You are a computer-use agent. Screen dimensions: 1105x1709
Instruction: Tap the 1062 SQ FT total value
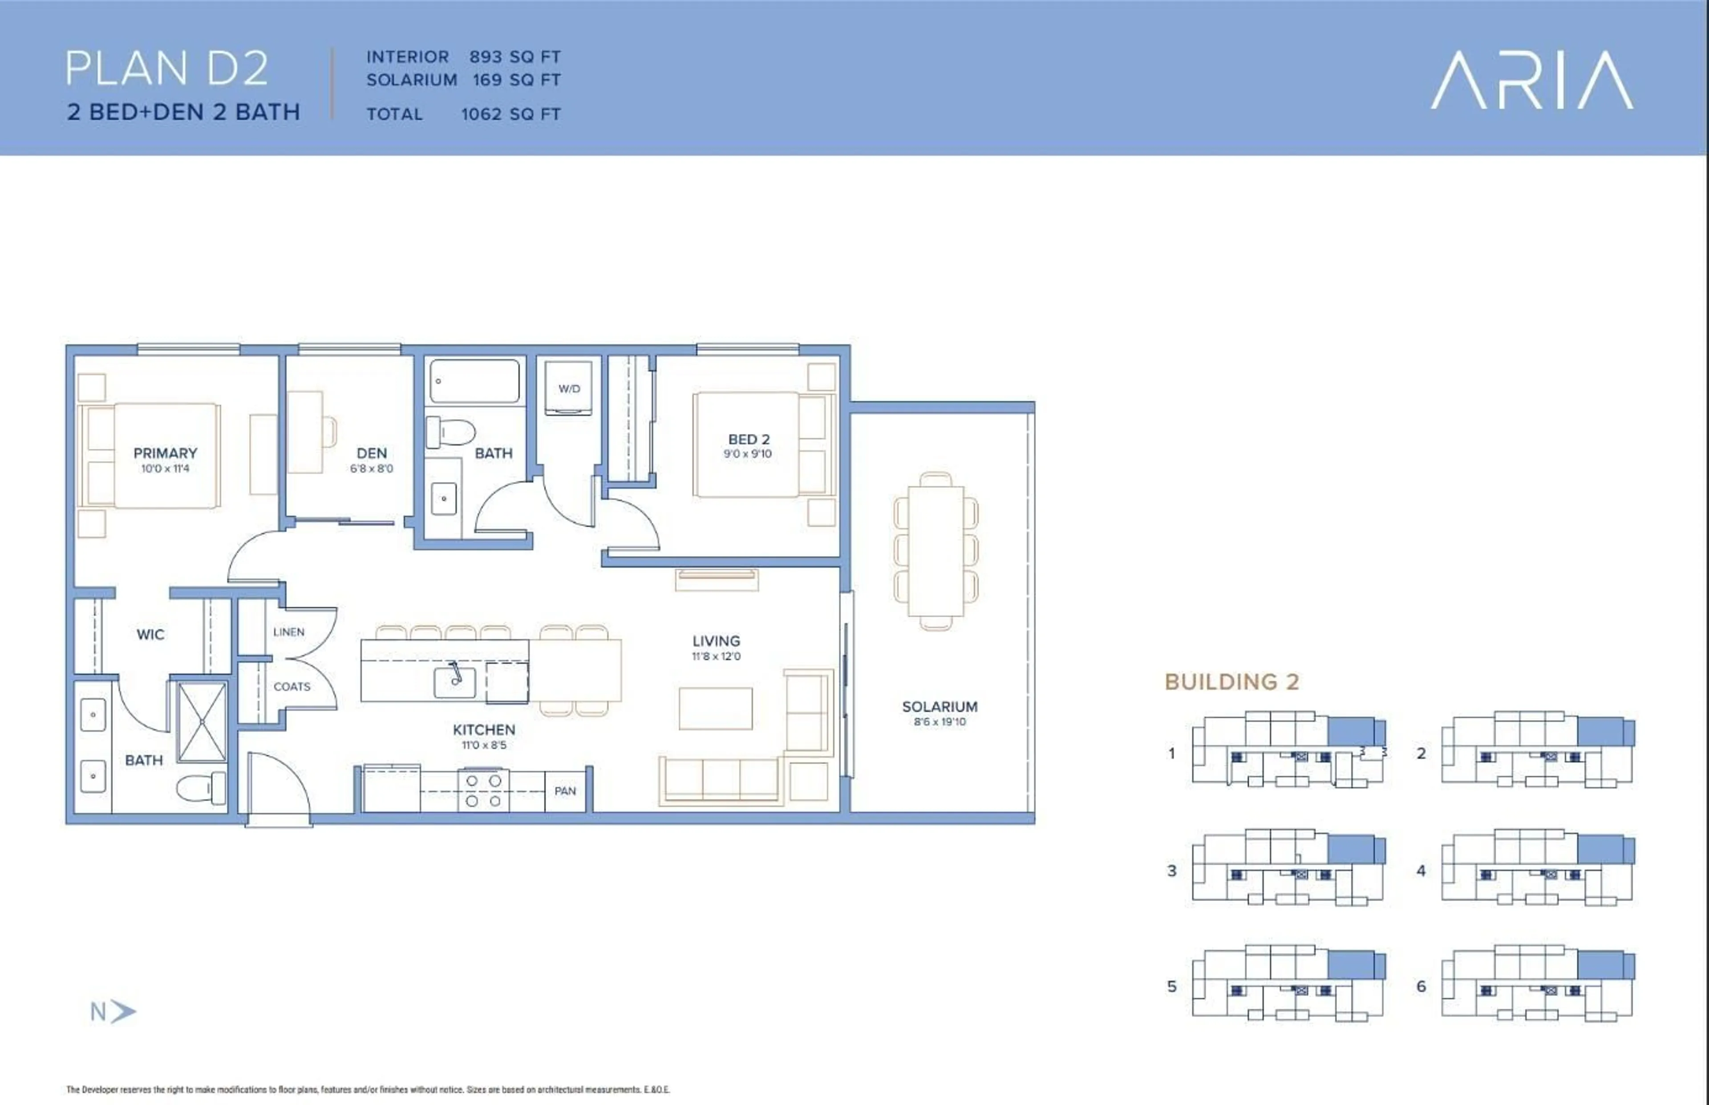point(510,114)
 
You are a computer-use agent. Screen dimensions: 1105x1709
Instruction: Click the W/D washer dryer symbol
point(568,388)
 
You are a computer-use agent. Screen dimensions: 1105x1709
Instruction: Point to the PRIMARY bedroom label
point(165,453)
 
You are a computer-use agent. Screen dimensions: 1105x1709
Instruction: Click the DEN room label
point(372,453)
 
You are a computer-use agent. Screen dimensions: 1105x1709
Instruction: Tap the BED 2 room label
point(748,439)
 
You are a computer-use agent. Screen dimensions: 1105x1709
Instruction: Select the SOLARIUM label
point(939,707)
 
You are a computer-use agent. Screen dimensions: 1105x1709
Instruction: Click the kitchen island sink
point(454,682)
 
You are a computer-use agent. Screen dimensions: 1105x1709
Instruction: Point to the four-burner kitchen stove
point(483,790)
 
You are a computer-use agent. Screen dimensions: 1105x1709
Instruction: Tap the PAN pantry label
point(565,791)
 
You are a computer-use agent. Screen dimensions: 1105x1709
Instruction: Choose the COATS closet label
point(292,687)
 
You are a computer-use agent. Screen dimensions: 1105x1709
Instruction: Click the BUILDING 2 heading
point(1232,682)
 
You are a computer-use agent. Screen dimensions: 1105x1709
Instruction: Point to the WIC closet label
point(150,634)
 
